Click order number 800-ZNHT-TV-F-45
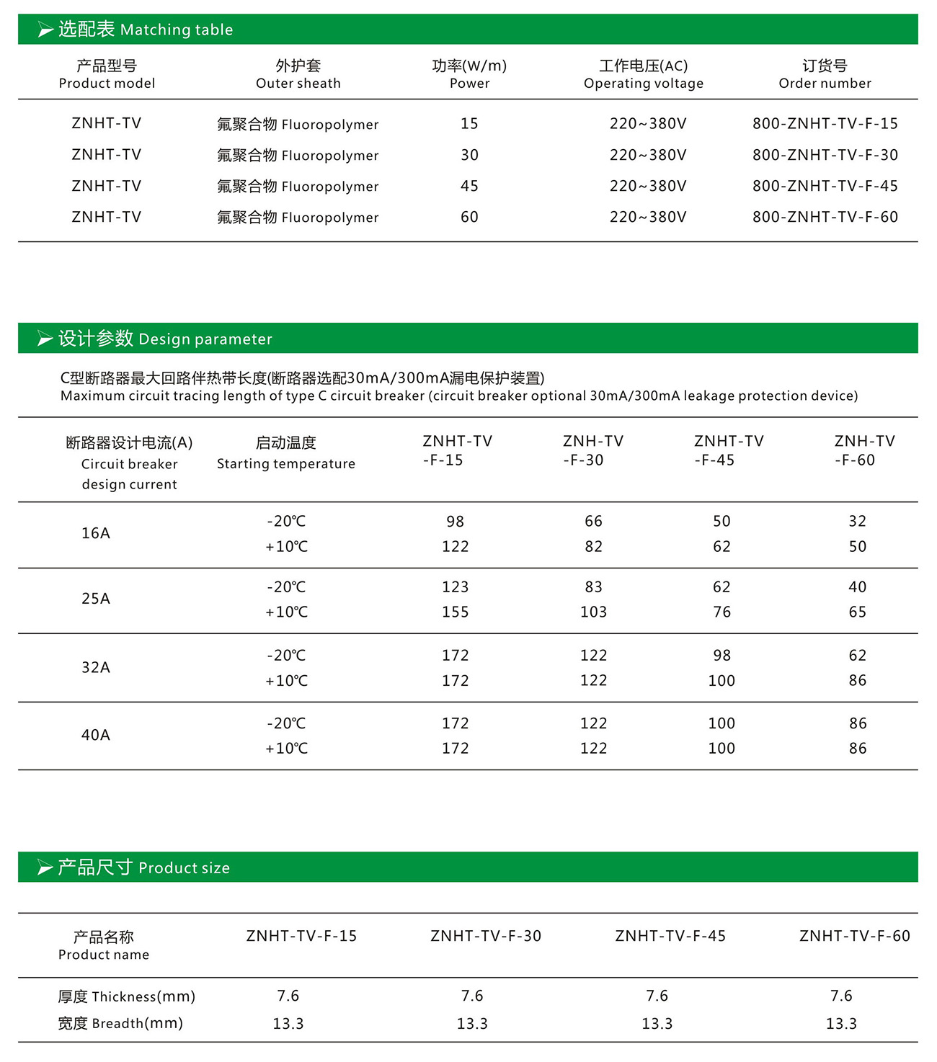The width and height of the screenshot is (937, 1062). [x=825, y=186]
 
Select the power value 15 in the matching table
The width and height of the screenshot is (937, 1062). [x=469, y=124]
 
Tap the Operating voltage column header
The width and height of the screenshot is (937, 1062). [x=643, y=74]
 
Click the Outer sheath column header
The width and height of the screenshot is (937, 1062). [x=298, y=74]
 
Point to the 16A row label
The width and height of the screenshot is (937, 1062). [x=96, y=533]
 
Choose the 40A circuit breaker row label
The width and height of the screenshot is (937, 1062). [x=96, y=735]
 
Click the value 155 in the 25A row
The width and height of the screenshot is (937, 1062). [x=455, y=612]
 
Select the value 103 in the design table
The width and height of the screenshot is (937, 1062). [x=593, y=612]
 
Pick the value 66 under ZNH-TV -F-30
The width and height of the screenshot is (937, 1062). [x=593, y=521]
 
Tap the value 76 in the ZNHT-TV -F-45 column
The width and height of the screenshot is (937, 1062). [x=721, y=612]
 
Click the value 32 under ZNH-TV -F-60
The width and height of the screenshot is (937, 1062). [x=857, y=521]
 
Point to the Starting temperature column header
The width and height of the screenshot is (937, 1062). [x=286, y=452]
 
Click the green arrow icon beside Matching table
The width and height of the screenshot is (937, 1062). [x=45, y=30]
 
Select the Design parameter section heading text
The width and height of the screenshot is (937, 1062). [x=165, y=339]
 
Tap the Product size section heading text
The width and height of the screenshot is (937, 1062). [x=143, y=867]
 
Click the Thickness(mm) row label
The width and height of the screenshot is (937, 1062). [x=127, y=996]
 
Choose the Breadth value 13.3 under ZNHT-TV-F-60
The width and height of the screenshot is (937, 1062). [x=841, y=1024]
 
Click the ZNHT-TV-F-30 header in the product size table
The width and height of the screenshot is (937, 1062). [x=486, y=936]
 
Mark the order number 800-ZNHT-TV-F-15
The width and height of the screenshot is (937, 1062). [x=825, y=124]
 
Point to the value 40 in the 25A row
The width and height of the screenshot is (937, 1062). [x=857, y=587]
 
